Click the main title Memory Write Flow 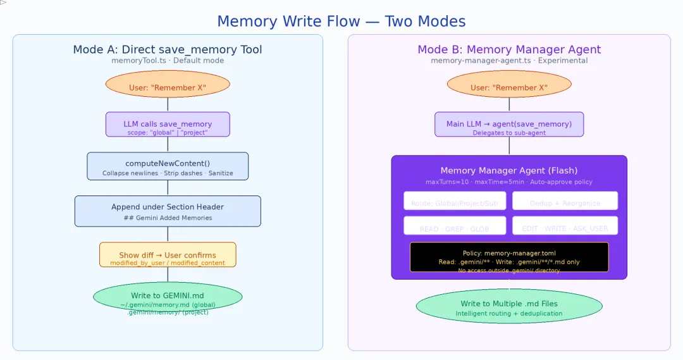(x=341, y=22)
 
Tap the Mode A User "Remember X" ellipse (x=168, y=84)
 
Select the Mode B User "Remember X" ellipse (x=509, y=84)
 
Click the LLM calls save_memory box (x=168, y=125)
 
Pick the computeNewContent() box (x=168, y=166)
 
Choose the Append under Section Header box (x=168, y=211)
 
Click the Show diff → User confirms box (x=168, y=255)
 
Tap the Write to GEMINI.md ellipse (x=168, y=297)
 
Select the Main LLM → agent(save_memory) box (x=509, y=125)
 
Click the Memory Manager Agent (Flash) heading (x=509, y=170)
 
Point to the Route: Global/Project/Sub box (x=455, y=201)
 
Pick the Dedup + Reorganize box (x=565, y=201)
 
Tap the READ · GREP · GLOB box (x=455, y=226)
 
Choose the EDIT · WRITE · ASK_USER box (x=565, y=226)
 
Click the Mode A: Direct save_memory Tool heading (x=168, y=49)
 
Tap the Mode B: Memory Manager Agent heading (x=509, y=49)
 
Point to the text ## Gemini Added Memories (x=168, y=218)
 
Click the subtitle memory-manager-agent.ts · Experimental (x=509, y=61)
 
